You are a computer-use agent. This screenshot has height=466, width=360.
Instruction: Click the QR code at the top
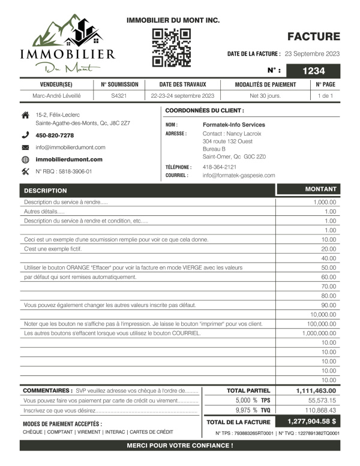172,47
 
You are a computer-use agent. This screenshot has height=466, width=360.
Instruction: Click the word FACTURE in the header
313,37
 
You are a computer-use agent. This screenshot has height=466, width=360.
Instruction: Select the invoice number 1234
313,71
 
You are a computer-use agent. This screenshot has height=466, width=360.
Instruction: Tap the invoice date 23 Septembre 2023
312,54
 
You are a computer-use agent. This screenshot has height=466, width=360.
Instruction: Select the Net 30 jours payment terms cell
265,96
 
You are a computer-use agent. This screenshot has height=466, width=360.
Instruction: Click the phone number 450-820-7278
55,136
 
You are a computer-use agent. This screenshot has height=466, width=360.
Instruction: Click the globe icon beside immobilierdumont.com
25,160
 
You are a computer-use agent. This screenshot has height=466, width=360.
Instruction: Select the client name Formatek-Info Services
233,125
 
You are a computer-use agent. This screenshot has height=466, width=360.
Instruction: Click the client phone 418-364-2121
219,167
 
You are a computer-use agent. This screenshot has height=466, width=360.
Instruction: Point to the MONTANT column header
320,190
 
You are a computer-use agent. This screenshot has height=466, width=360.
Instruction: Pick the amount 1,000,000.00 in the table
319,333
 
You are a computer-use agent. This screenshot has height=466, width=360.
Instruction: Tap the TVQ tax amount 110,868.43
322,410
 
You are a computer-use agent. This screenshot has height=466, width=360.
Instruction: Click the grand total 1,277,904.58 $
311,422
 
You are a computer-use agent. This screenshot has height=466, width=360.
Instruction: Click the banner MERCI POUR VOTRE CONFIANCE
180,446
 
